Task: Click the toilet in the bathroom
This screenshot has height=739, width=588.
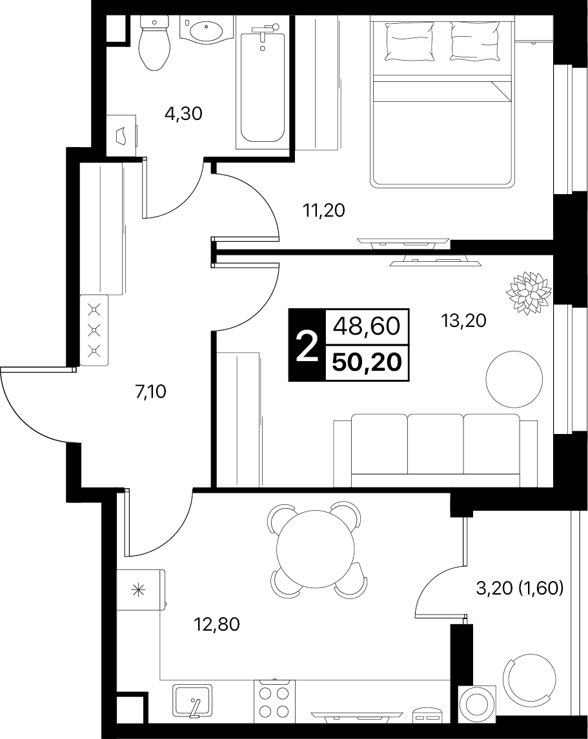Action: [x=154, y=43]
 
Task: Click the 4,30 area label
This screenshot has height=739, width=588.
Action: [x=183, y=113]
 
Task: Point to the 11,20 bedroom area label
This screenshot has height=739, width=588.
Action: [x=324, y=210]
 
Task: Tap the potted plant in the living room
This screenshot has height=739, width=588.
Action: [x=529, y=293]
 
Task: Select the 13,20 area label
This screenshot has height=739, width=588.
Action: [x=463, y=321]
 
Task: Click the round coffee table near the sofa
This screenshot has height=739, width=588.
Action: [x=514, y=379]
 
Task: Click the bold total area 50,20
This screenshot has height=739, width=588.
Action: [x=367, y=362]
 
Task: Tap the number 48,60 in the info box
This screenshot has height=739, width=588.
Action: [x=367, y=326]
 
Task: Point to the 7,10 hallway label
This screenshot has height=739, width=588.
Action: [x=150, y=391]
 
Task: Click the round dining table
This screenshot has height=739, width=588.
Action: [x=315, y=549]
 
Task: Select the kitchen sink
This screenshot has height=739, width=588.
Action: [x=192, y=700]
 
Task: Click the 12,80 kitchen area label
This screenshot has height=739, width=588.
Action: [x=217, y=624]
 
